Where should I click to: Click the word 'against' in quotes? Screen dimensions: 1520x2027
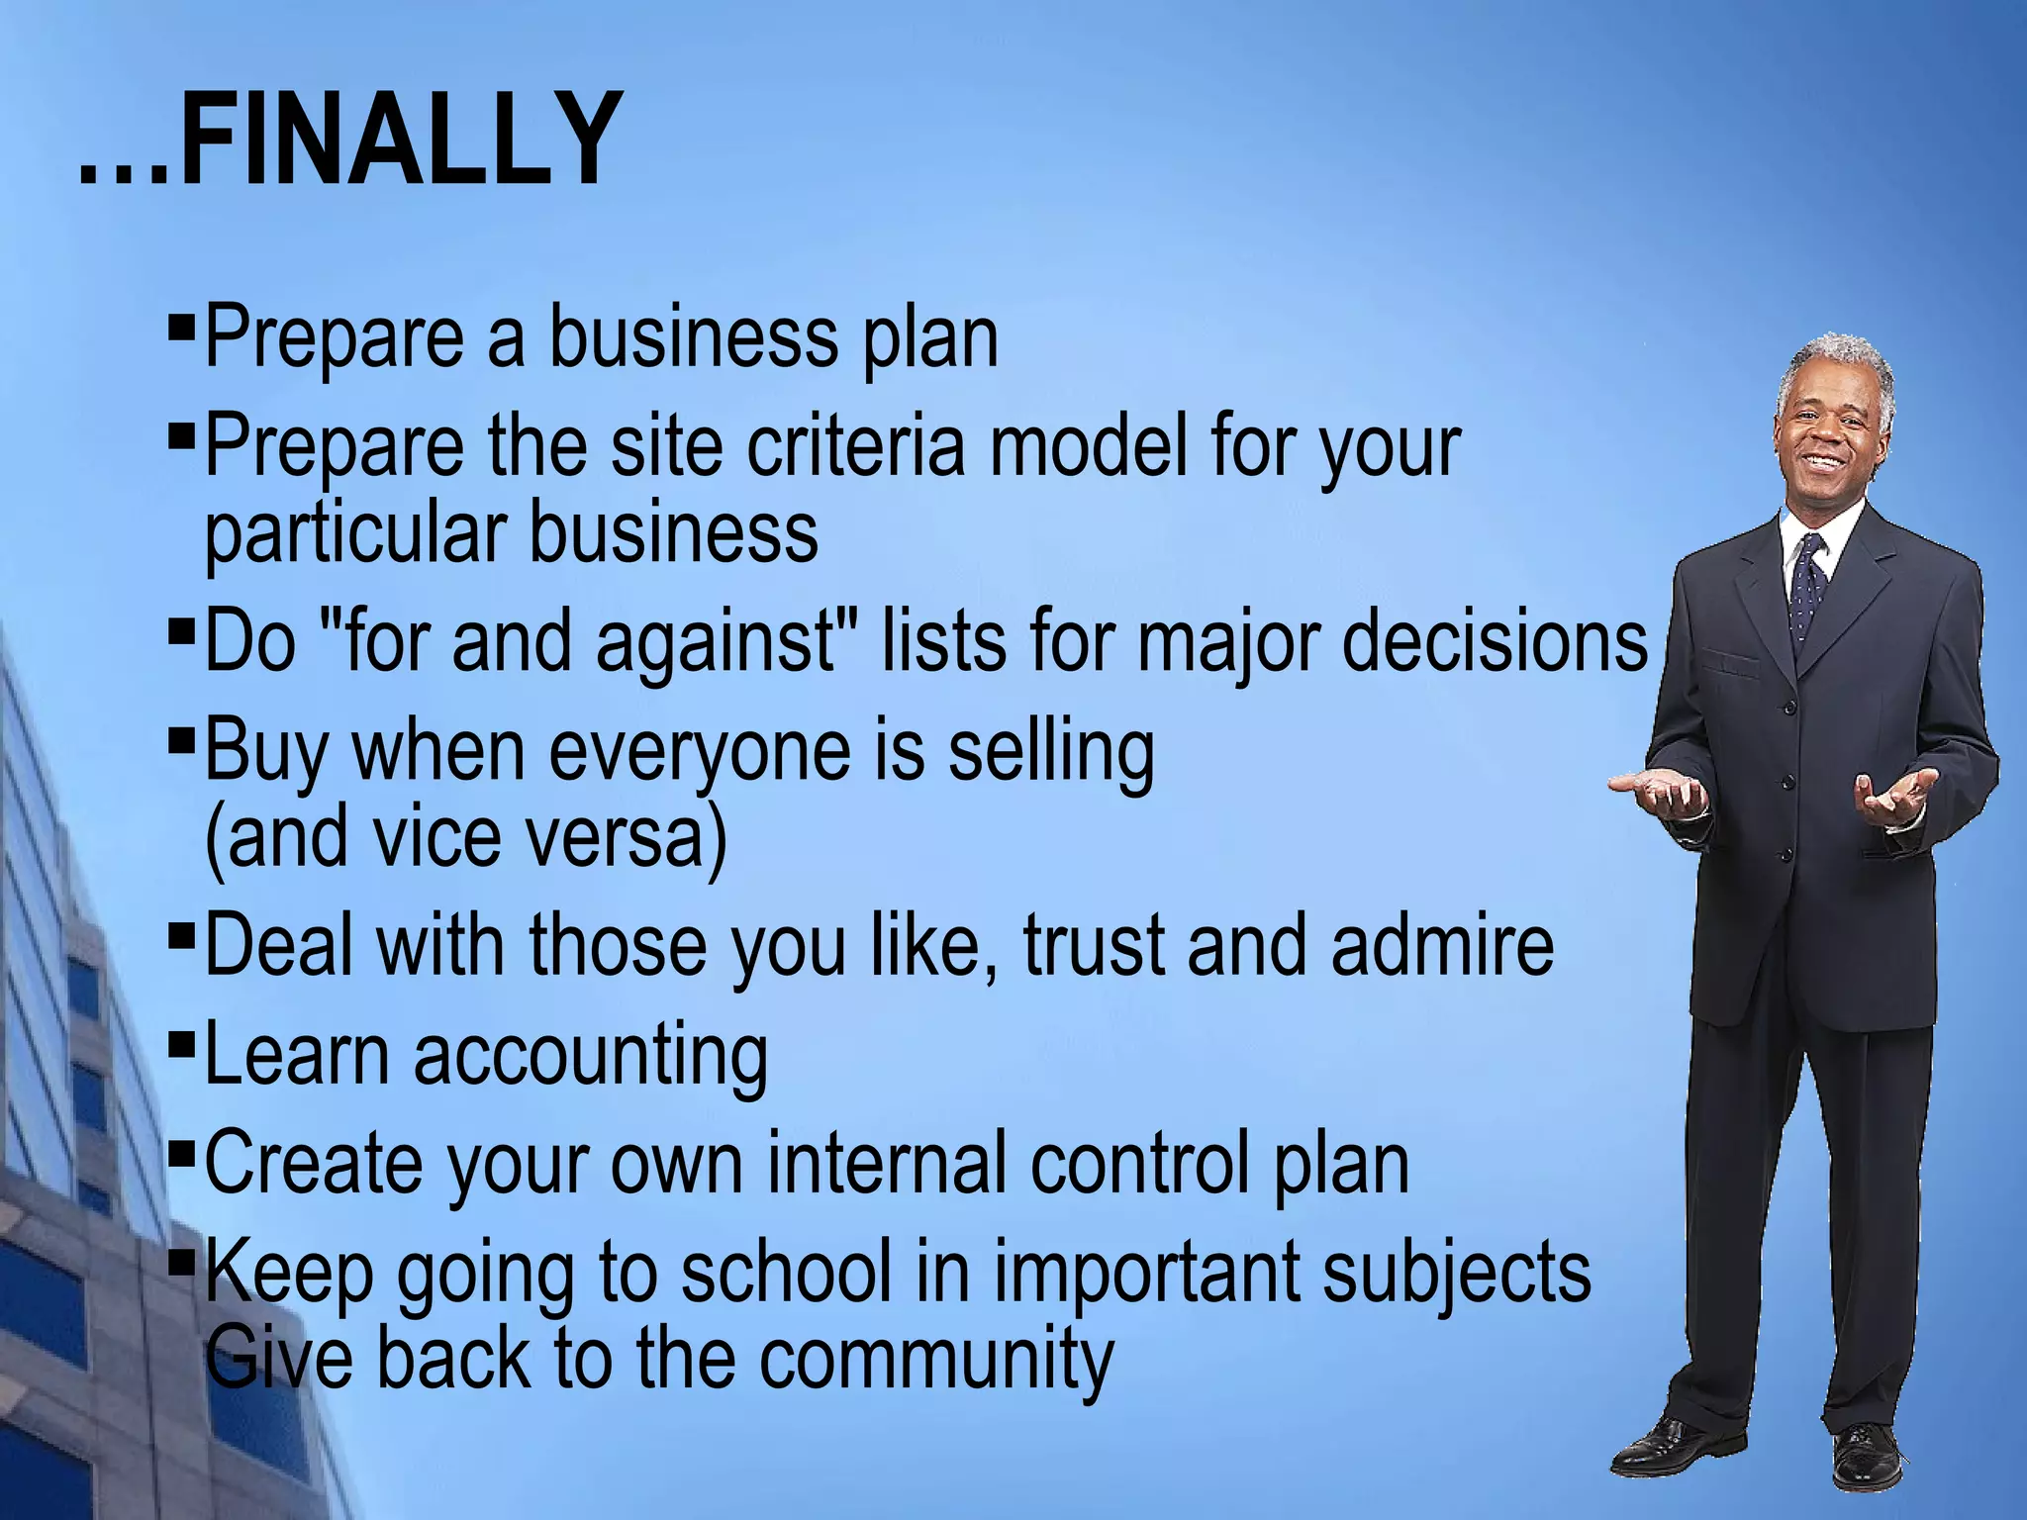click(x=717, y=641)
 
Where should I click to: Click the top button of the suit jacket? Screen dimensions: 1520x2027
click(x=1790, y=707)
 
